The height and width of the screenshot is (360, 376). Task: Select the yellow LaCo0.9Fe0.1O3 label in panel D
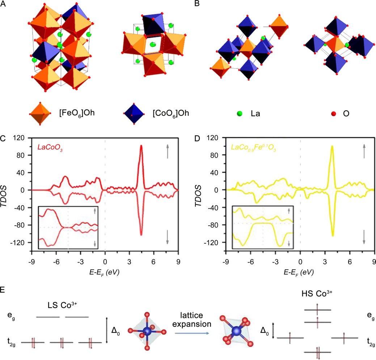[x=253, y=147]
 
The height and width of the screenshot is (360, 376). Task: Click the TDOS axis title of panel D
[x=202, y=190]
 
